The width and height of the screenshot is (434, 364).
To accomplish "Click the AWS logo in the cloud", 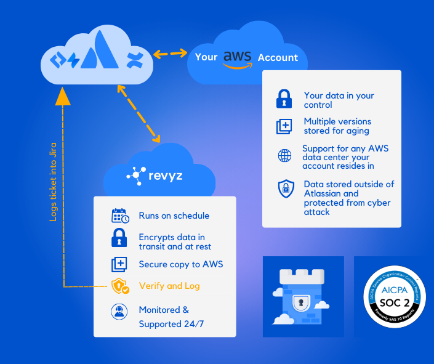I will click(237, 57).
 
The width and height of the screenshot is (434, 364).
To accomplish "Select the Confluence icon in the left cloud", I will click(134, 60).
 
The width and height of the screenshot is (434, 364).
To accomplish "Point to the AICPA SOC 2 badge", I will click(394, 297).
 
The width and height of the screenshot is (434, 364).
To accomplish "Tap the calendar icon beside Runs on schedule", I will click(120, 216).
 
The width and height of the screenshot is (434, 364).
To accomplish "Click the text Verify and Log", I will click(169, 286).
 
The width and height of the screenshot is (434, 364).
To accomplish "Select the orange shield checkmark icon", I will click(120, 286).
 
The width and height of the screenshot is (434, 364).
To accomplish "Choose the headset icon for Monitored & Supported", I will click(119, 311).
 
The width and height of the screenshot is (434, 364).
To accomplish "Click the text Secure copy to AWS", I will click(180, 264).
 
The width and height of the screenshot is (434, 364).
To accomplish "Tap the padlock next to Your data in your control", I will click(284, 99).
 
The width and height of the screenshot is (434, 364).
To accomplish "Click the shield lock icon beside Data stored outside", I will click(286, 189).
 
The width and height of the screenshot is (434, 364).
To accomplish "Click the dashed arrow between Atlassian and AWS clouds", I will click(170, 54).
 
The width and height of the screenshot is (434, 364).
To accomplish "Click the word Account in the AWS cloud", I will click(278, 57).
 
